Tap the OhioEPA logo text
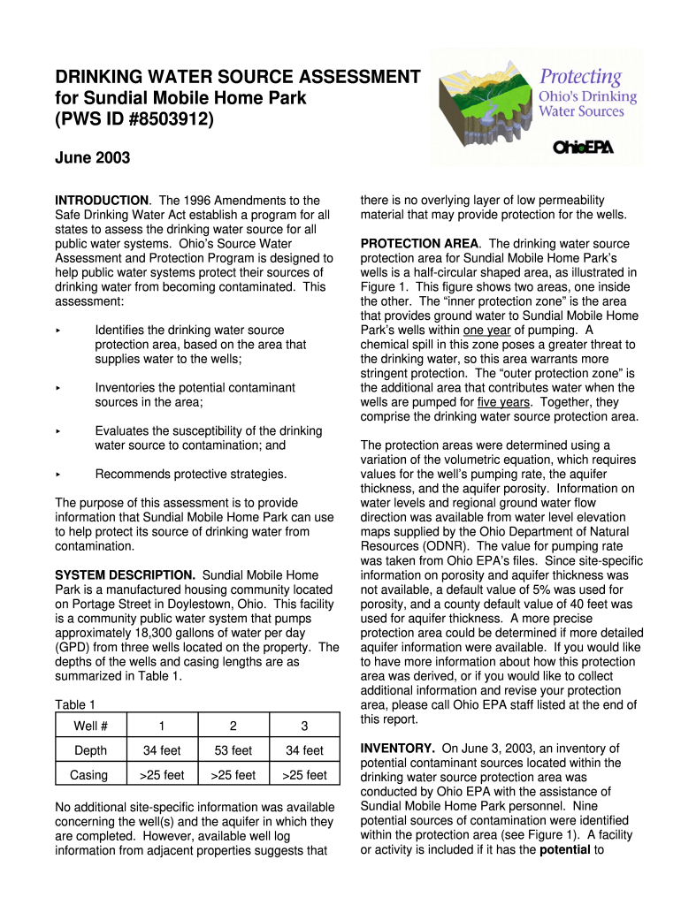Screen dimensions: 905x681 click(x=582, y=147)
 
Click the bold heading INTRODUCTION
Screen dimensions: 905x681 click(x=102, y=201)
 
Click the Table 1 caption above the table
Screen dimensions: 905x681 click(x=75, y=704)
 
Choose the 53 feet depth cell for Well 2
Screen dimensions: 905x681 click(x=233, y=750)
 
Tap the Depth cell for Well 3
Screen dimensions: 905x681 click(x=304, y=750)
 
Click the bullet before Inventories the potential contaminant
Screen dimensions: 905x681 click(x=57, y=388)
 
